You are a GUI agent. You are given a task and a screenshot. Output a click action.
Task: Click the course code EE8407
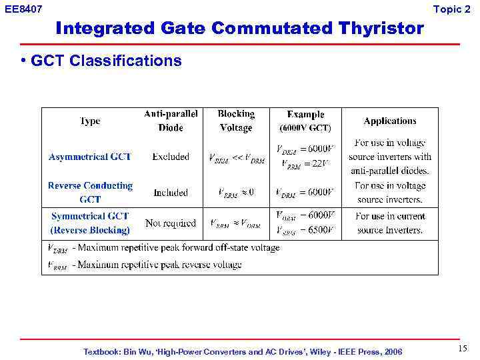[x=23, y=9]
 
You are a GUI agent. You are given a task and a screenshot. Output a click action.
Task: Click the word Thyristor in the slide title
[x=381, y=29]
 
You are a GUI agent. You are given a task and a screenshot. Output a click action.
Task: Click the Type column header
[x=90, y=121]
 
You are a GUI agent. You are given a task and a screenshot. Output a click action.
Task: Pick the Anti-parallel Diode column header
[x=171, y=121]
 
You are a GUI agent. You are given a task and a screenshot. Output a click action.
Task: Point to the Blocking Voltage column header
[x=236, y=121]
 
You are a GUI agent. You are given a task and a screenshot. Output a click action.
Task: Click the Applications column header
[x=390, y=121]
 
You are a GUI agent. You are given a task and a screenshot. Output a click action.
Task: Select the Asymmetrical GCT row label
[x=90, y=157]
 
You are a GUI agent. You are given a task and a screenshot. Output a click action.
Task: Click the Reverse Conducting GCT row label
[x=90, y=192]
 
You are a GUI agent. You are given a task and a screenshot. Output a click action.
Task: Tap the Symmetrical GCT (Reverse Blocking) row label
[x=90, y=223]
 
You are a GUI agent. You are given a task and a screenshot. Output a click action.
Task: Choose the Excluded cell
[x=171, y=157]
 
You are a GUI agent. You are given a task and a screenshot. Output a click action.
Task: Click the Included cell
[x=171, y=193]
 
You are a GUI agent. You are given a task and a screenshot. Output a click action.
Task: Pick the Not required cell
[x=171, y=223]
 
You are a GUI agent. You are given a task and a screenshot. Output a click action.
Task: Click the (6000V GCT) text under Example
[x=305, y=128]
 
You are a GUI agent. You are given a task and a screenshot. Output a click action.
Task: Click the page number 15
[x=463, y=349]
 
